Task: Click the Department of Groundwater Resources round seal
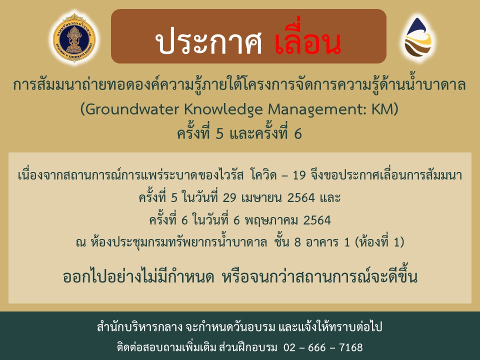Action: pos(74,38)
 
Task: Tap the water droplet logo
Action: pos(418,37)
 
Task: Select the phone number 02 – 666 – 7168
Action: pos(323,348)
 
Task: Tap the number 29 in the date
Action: pos(229,198)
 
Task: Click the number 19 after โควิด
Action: pos(299,175)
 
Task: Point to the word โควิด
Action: pos(263,175)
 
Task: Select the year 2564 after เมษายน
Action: pos(301,198)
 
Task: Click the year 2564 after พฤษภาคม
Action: pos(317,220)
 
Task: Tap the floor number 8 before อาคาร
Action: pos(297,242)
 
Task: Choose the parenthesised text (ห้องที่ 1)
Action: pos(379,241)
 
